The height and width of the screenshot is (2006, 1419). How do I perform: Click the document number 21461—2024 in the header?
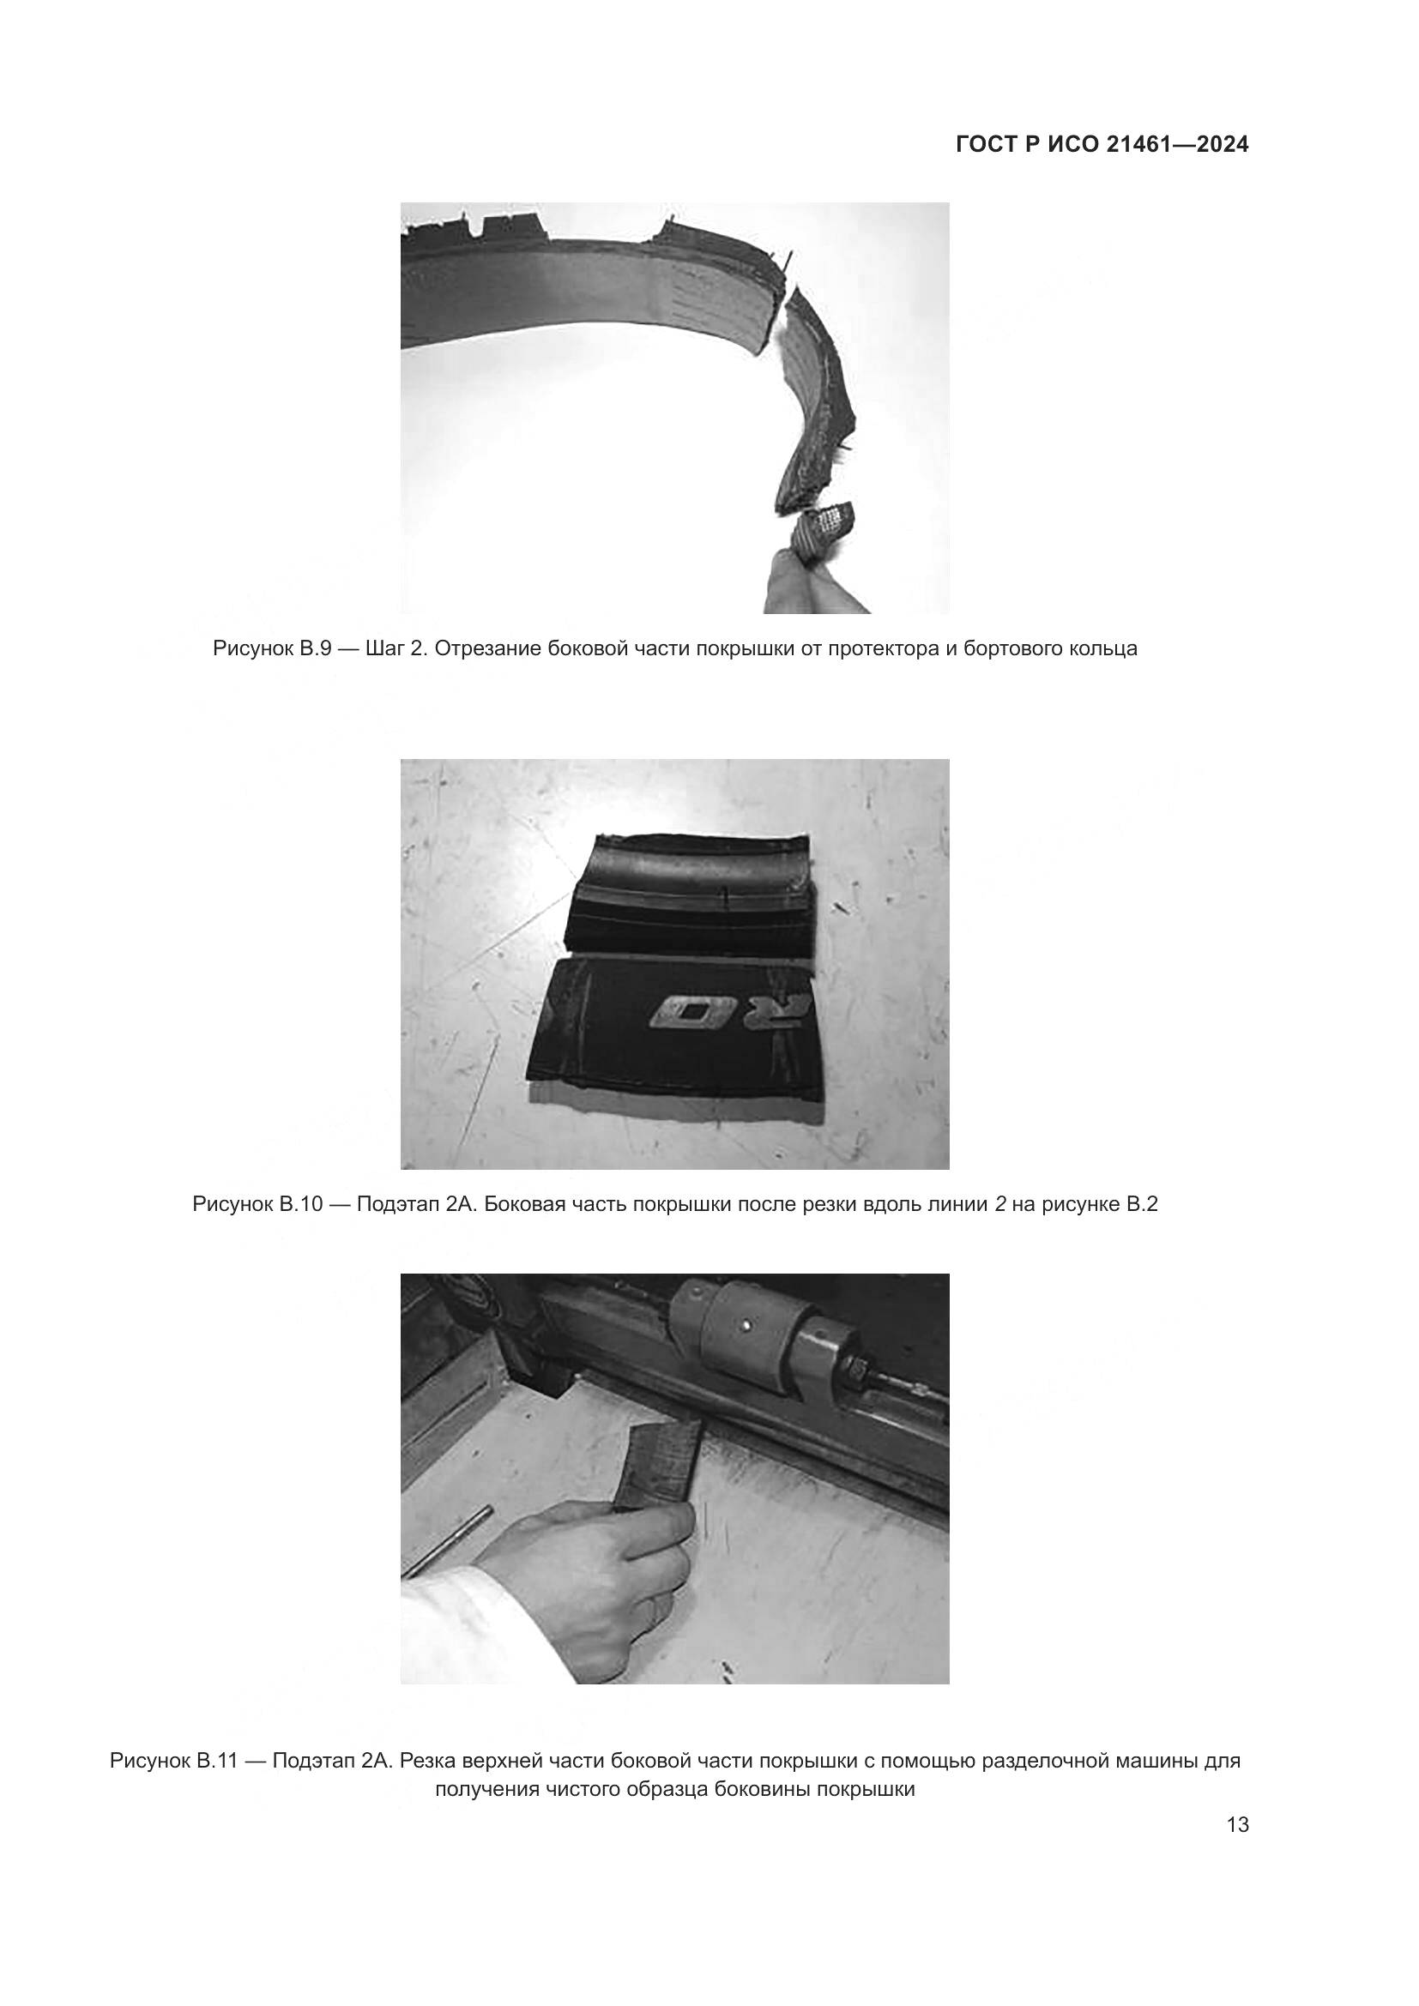point(1177,144)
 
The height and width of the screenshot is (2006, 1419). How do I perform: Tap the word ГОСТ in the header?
point(985,144)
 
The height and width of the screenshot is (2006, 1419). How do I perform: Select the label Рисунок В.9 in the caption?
point(272,649)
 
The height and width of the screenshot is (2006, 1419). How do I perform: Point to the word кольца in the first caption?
point(1102,649)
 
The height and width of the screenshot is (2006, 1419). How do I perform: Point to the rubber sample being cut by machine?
point(660,1464)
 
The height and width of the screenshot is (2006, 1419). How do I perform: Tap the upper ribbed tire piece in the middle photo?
point(691,896)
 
